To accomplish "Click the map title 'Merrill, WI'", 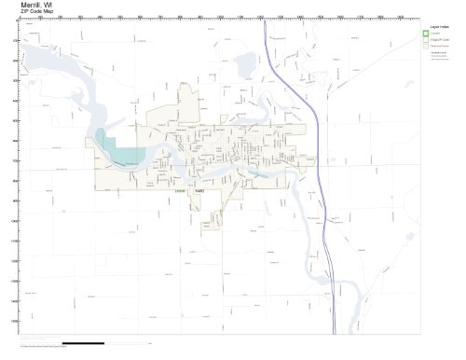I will click(x=27, y=5).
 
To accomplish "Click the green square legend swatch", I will click(x=426, y=35).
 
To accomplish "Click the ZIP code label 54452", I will click(x=199, y=191).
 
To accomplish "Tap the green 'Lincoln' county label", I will click(x=179, y=191).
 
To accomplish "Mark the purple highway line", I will click(x=322, y=187).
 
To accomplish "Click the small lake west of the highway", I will click(x=247, y=65).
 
